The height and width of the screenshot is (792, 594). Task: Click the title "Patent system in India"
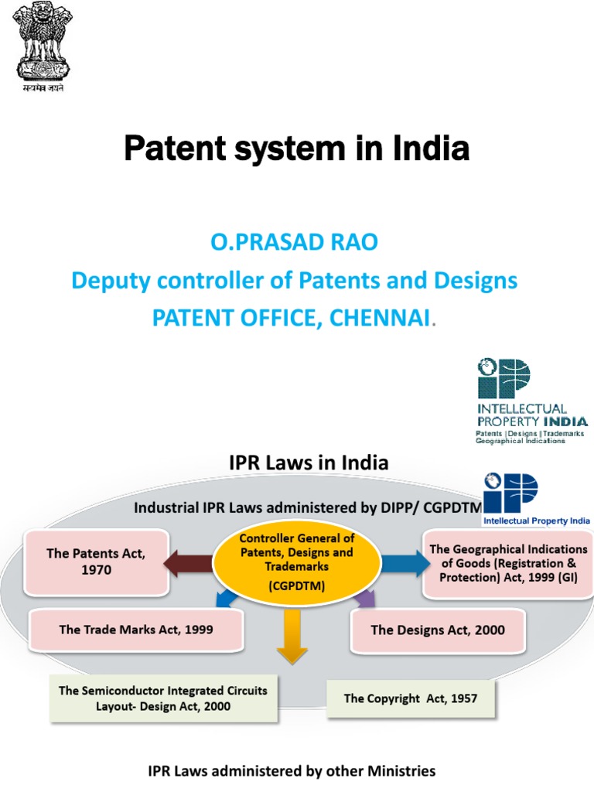pyautogui.click(x=296, y=148)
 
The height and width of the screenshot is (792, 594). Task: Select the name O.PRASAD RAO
pyautogui.click(x=294, y=243)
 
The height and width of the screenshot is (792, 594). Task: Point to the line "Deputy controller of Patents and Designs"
pyautogui.click(x=294, y=280)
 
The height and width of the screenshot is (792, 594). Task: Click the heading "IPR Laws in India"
pyautogui.click(x=309, y=463)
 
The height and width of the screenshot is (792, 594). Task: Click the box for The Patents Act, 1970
pyautogui.click(x=96, y=562)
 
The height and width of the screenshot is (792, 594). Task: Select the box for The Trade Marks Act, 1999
pyautogui.click(x=136, y=630)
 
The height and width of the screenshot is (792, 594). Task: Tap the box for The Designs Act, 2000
pyautogui.click(x=438, y=630)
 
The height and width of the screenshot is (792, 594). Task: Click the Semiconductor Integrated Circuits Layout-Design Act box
pyautogui.click(x=163, y=699)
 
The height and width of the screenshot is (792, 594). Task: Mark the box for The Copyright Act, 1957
pyautogui.click(x=411, y=698)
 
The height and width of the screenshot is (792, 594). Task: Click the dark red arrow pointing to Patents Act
pyautogui.click(x=188, y=562)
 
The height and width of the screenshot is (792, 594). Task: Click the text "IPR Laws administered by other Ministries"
pyautogui.click(x=292, y=771)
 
